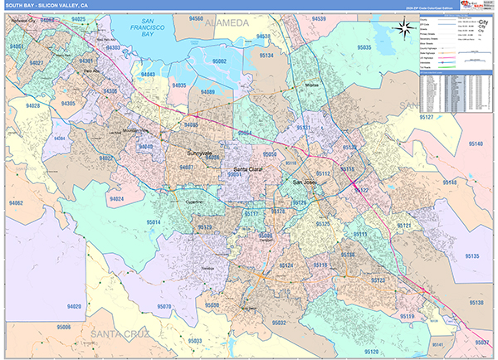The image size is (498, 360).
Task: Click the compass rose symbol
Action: pos(404,30)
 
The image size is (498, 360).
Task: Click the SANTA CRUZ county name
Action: pos(121,333)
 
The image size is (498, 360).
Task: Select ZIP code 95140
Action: pos(475,144)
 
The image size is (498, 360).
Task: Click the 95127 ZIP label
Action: pos(426,119)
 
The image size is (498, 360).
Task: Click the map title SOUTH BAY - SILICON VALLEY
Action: pos(48,5)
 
